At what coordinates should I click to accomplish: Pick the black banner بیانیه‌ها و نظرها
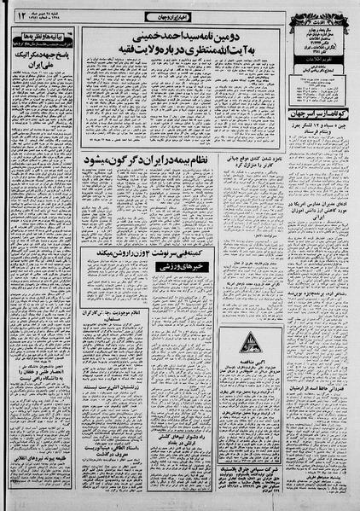tap(43, 38)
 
